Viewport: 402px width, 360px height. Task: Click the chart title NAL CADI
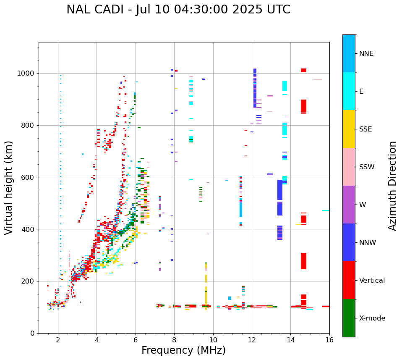(178, 10)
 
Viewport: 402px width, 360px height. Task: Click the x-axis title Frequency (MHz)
(183, 350)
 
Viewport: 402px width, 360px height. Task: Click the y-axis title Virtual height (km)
(9, 187)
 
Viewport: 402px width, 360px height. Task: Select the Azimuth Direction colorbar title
(392, 185)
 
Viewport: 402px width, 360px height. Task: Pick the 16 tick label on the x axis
(329, 340)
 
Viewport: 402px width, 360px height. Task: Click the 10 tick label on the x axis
(213, 340)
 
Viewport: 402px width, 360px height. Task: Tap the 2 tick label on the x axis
(58, 340)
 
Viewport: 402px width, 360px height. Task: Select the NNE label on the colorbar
(366, 53)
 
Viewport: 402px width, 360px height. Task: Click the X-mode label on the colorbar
(372, 318)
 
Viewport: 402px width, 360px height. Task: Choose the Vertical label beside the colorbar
(372, 280)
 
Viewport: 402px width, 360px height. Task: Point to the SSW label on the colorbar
(367, 167)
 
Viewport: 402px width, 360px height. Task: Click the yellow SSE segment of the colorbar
(349, 129)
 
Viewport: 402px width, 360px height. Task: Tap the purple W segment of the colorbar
(349, 205)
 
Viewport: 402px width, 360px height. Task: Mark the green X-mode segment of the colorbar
(349, 318)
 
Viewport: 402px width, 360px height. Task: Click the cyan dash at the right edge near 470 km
(326, 210)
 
